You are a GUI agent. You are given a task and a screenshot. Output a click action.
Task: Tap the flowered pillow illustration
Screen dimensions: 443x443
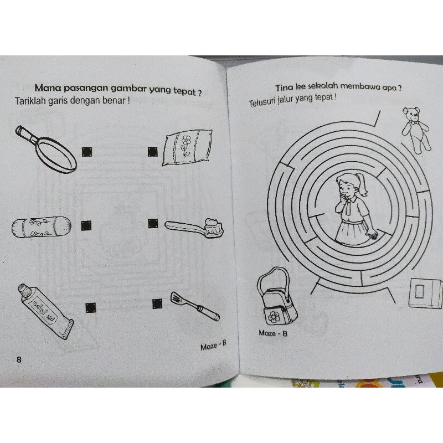(187, 147)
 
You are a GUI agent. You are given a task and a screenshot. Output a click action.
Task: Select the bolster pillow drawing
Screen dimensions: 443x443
(41, 227)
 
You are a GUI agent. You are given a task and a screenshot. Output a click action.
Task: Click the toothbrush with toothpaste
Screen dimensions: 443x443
(194, 228)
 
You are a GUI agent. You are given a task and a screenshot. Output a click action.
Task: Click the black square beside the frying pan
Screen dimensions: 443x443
(87, 152)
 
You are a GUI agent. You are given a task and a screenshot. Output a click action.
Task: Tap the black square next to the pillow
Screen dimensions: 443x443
(153, 152)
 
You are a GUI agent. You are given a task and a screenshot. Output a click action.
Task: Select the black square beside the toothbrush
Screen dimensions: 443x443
(153, 224)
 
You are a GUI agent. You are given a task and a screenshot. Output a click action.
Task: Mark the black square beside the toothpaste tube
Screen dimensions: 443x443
(90, 308)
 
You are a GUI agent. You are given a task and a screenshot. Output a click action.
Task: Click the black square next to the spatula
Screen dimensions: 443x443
(157, 303)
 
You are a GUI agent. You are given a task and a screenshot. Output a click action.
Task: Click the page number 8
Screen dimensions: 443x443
(19, 359)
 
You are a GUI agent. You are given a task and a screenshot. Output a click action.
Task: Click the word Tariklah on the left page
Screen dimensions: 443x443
(30, 101)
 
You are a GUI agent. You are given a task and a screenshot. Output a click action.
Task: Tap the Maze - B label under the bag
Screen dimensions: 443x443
(273, 333)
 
